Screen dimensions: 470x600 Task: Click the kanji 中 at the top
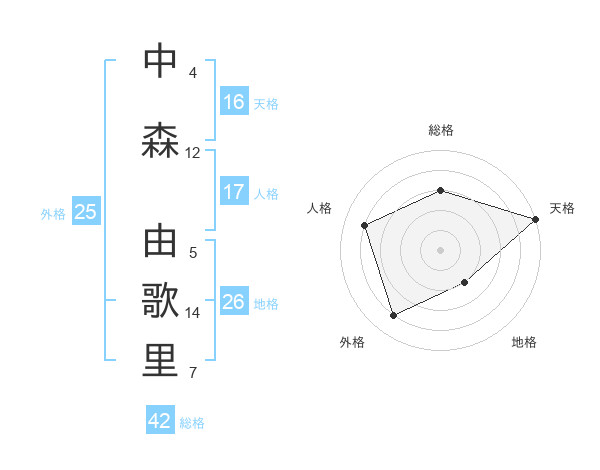[x=161, y=61]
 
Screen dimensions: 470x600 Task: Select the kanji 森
[x=161, y=141]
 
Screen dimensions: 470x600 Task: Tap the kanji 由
[x=161, y=243]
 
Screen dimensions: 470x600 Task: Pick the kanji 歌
[x=161, y=301]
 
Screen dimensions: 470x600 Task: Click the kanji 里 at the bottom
[x=161, y=361]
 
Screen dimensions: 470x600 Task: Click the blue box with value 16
[x=234, y=102]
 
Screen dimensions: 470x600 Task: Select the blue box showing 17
[x=234, y=192]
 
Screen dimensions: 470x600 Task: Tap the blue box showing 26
[x=234, y=302]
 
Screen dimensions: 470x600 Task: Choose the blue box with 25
[x=85, y=212]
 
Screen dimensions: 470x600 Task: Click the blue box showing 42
[x=160, y=421]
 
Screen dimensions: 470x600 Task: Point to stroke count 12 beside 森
[x=192, y=152]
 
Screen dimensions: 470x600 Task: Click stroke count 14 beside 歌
[x=192, y=312]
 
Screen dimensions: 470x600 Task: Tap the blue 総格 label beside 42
[x=192, y=423]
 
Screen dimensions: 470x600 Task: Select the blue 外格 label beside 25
[x=53, y=213]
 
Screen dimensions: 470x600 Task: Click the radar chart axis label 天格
[x=562, y=208]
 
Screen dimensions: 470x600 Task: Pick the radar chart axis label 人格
[x=320, y=208]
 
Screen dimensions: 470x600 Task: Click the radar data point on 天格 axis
[x=536, y=220]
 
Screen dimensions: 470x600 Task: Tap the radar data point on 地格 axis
[x=466, y=283]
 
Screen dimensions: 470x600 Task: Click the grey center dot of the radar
[x=441, y=249]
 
